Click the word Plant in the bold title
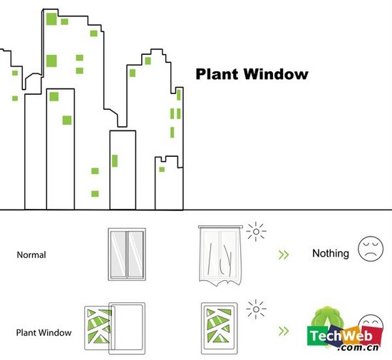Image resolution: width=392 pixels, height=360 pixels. (x=217, y=74)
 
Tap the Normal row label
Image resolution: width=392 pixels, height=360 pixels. (x=31, y=254)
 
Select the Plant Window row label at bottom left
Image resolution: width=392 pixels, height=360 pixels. (x=43, y=333)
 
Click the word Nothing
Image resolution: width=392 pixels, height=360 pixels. (x=331, y=253)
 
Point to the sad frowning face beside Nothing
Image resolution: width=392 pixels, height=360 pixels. (x=371, y=249)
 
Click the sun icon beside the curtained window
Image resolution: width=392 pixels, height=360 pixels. (x=256, y=232)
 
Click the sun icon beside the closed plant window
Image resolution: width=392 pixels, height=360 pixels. (x=256, y=309)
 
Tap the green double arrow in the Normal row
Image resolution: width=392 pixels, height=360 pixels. (x=284, y=254)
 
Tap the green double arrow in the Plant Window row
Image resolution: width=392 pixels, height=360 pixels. (x=284, y=331)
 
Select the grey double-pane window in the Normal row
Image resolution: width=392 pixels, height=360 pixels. (x=127, y=254)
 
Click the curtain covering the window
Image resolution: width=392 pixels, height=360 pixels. (x=220, y=256)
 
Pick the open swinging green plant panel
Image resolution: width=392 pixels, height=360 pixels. (x=98, y=328)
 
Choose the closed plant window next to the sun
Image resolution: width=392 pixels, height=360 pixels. (x=220, y=329)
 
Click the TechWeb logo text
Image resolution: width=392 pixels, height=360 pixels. (x=341, y=336)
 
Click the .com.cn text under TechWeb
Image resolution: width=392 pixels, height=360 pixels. (x=358, y=347)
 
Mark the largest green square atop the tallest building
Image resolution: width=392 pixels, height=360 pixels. (x=51, y=19)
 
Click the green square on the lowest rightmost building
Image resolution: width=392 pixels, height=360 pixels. (x=162, y=170)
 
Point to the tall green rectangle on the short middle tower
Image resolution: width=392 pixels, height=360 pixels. (x=115, y=160)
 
